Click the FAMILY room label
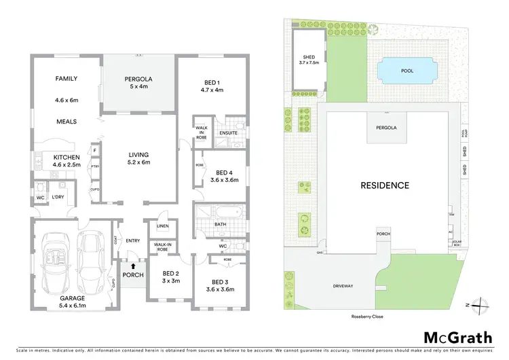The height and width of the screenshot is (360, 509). tap(67, 79)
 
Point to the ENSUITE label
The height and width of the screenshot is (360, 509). tap(229, 132)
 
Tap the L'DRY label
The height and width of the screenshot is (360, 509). tap(58, 197)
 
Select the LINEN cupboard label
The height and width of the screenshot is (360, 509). tap(162, 226)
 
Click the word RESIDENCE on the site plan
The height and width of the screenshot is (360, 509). tap(384, 185)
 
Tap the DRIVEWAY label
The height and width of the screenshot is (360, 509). tap(343, 286)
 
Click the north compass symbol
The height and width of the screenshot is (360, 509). tap(478, 305)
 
